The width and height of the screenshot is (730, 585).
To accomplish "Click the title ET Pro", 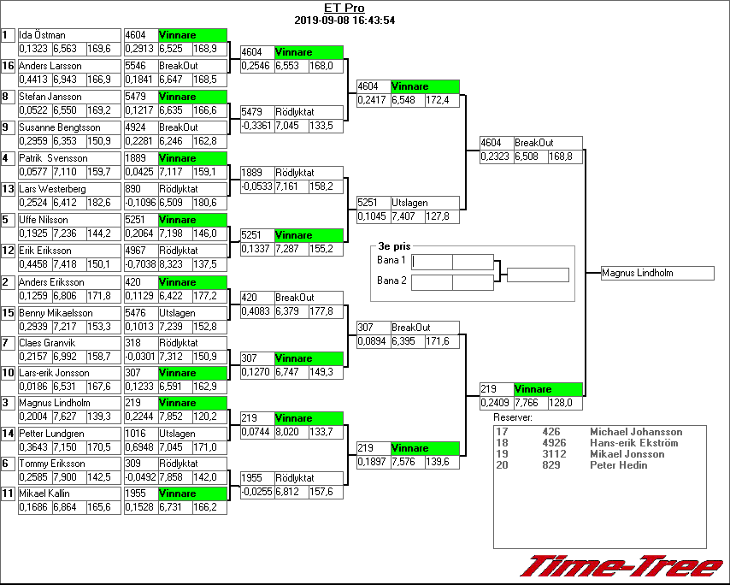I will click(344, 9).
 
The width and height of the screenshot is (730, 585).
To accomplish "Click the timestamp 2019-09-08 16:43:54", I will click(344, 21).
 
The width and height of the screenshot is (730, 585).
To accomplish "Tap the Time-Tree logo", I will click(621, 567).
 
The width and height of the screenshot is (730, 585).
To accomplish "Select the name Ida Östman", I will click(43, 35).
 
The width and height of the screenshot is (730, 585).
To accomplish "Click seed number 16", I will click(8, 66).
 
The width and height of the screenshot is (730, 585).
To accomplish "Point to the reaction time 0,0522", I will click(34, 110).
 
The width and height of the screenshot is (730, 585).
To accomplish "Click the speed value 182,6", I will click(100, 203).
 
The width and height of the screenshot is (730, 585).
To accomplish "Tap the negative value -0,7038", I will click(140, 264).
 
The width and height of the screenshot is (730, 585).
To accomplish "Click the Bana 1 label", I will click(391, 259).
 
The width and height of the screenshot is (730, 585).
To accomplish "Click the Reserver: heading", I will click(512, 417).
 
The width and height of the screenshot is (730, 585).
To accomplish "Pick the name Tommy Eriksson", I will click(52, 464).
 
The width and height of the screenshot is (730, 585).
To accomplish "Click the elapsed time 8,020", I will click(288, 432).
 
